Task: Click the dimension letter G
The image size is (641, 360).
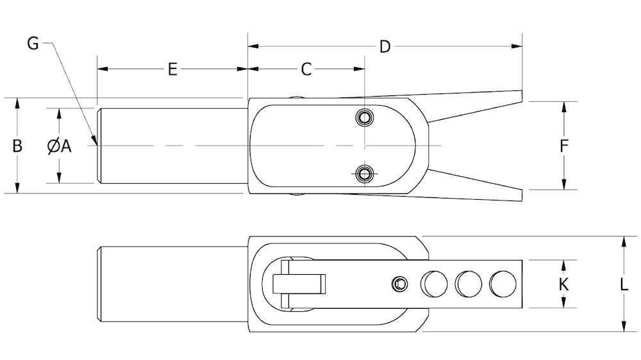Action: [x=34, y=44]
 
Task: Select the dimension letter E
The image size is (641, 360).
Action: [x=172, y=69]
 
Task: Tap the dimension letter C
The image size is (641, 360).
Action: [x=306, y=69]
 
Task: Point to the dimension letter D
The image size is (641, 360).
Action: [x=385, y=47]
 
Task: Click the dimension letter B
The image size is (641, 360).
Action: [x=18, y=146]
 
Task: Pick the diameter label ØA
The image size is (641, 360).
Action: [x=59, y=146]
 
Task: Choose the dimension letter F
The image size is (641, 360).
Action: [x=564, y=146]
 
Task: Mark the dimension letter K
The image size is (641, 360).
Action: [x=564, y=284]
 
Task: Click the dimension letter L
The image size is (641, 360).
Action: [x=624, y=284]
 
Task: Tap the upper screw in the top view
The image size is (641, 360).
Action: [x=365, y=118]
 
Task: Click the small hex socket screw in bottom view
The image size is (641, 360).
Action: [x=400, y=283]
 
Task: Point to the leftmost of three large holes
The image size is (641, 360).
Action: [x=433, y=283]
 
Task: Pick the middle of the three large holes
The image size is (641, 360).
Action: [x=468, y=283]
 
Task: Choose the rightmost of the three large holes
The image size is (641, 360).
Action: [x=502, y=283]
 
